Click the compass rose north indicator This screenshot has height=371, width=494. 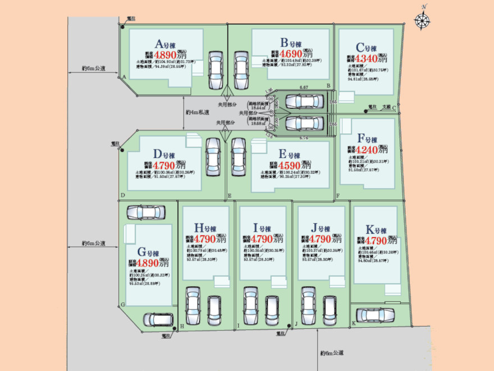tap(422, 20)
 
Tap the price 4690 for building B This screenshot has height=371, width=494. tap(290, 55)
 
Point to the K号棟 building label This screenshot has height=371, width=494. tap(376, 230)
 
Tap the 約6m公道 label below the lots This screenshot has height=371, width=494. tap(332, 353)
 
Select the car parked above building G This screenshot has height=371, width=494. tap(146, 212)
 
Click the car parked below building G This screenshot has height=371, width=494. tap(158, 320)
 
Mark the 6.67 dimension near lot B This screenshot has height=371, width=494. tap(304, 88)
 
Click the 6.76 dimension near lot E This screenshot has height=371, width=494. tap(304, 137)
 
